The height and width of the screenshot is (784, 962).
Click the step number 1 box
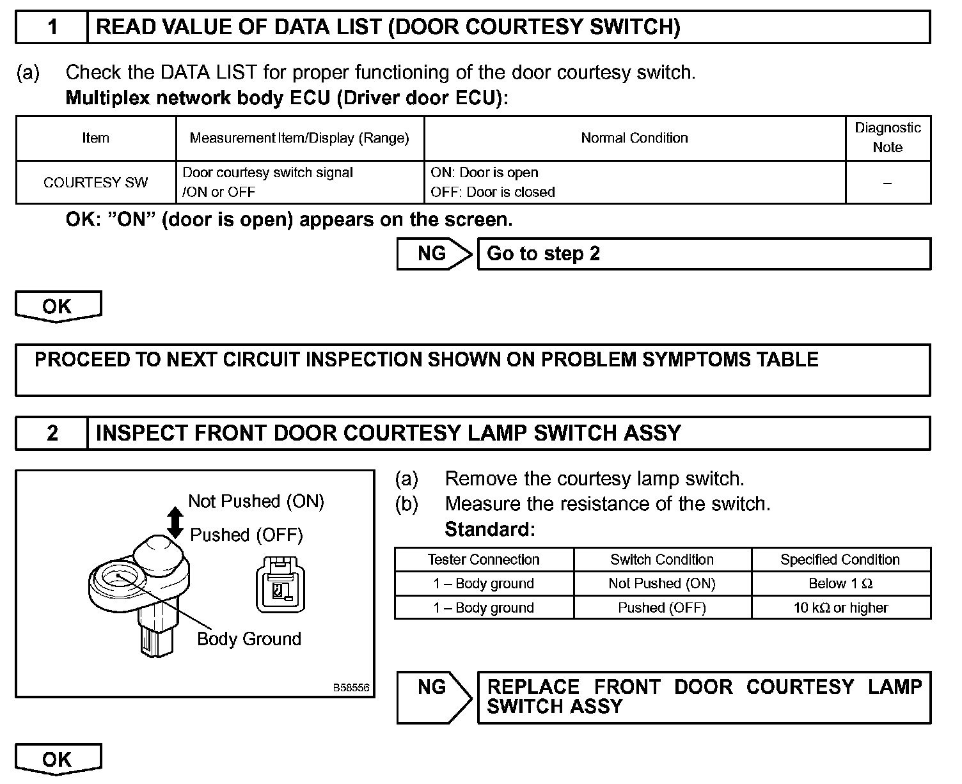click(x=52, y=27)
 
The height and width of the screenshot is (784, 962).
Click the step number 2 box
click(x=52, y=433)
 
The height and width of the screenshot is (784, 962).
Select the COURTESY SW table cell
click(x=95, y=182)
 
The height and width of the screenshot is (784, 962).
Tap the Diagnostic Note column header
click(x=887, y=137)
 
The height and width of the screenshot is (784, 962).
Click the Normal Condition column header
click(x=634, y=137)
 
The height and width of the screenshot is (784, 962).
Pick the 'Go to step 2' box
click(x=704, y=254)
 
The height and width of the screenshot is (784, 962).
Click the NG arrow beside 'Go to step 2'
click(x=434, y=254)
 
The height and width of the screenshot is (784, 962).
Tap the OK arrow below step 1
click(x=58, y=306)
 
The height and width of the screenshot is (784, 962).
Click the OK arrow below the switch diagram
click(x=58, y=759)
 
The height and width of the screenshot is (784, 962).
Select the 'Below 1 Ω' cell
click(x=840, y=583)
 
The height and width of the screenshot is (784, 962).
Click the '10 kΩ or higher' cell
click(x=840, y=608)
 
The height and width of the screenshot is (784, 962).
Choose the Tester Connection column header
click(x=484, y=560)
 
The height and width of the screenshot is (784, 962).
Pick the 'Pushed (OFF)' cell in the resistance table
click(x=662, y=608)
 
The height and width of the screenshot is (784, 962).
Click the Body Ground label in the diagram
click(x=249, y=639)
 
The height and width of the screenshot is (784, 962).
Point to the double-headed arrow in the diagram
click(x=175, y=522)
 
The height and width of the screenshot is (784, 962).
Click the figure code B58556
click(x=351, y=688)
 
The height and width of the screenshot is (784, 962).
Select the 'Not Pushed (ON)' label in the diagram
click(x=256, y=501)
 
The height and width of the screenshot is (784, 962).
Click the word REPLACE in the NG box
click(x=533, y=687)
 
